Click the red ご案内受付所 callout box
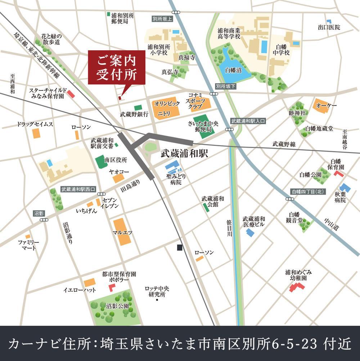[117, 68]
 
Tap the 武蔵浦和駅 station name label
[184, 153]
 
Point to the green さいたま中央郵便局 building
[204, 125]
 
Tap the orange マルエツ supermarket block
[121, 231]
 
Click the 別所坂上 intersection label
[162, 19]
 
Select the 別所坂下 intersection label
[226, 87]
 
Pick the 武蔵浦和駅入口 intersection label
[248, 121]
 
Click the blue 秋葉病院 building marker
[345, 188]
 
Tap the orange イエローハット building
[90, 282]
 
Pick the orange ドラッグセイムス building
[36, 133]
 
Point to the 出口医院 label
[329, 27]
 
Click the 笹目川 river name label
[230, 228]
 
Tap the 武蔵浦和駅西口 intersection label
[78, 188]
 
